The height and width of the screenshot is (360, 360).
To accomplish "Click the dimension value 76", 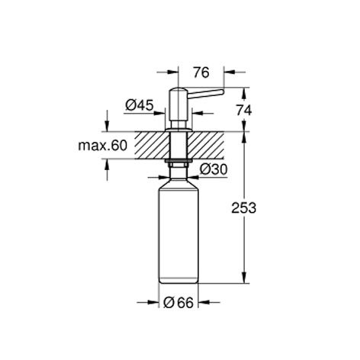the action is pyautogui.click(x=201, y=72).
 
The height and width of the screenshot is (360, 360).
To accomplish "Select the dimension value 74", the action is pyautogui.click(x=244, y=111).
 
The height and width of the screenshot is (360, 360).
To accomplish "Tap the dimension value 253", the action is pyautogui.click(x=243, y=208).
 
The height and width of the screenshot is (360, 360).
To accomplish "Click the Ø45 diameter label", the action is pyautogui.click(x=140, y=105).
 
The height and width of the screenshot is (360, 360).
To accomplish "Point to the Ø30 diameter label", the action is pyautogui.click(x=214, y=169).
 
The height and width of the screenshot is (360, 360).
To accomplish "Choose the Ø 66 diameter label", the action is pyautogui.click(x=178, y=303).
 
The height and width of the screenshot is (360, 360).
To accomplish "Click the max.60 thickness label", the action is pyautogui.click(x=102, y=146).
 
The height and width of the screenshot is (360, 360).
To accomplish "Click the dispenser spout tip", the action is pyautogui.click(x=222, y=92).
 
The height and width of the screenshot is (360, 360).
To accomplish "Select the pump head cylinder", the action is pyautogui.click(x=178, y=104).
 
